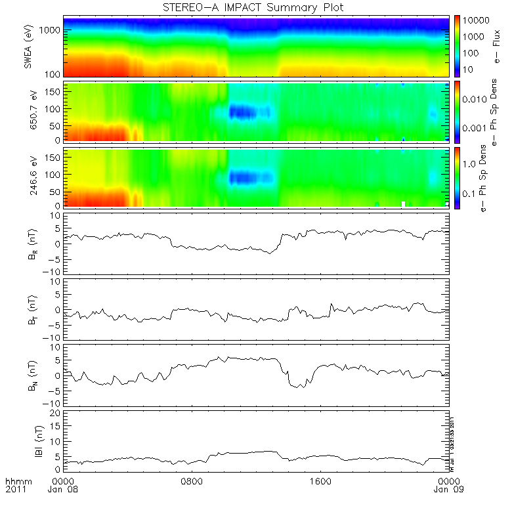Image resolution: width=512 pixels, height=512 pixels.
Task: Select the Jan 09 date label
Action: pyautogui.click(x=448, y=490)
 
